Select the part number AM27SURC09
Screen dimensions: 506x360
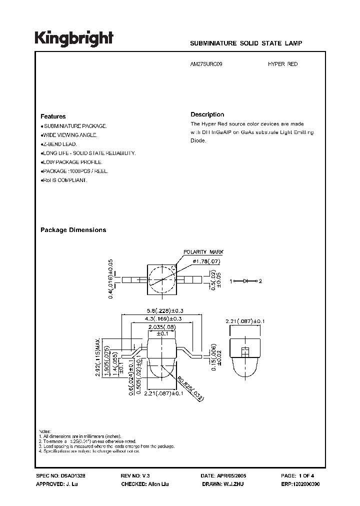pos(207,64)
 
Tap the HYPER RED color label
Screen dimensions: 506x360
pos(283,64)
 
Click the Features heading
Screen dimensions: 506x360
pos(53,116)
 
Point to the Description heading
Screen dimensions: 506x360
pos(207,114)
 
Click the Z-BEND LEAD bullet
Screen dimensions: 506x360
pos(58,144)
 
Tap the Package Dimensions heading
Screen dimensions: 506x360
pos(73,230)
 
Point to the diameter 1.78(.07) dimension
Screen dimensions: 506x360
pos(203,261)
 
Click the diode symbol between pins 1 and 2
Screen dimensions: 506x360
pos(245,281)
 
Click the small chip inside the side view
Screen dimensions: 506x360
pos(245,351)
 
